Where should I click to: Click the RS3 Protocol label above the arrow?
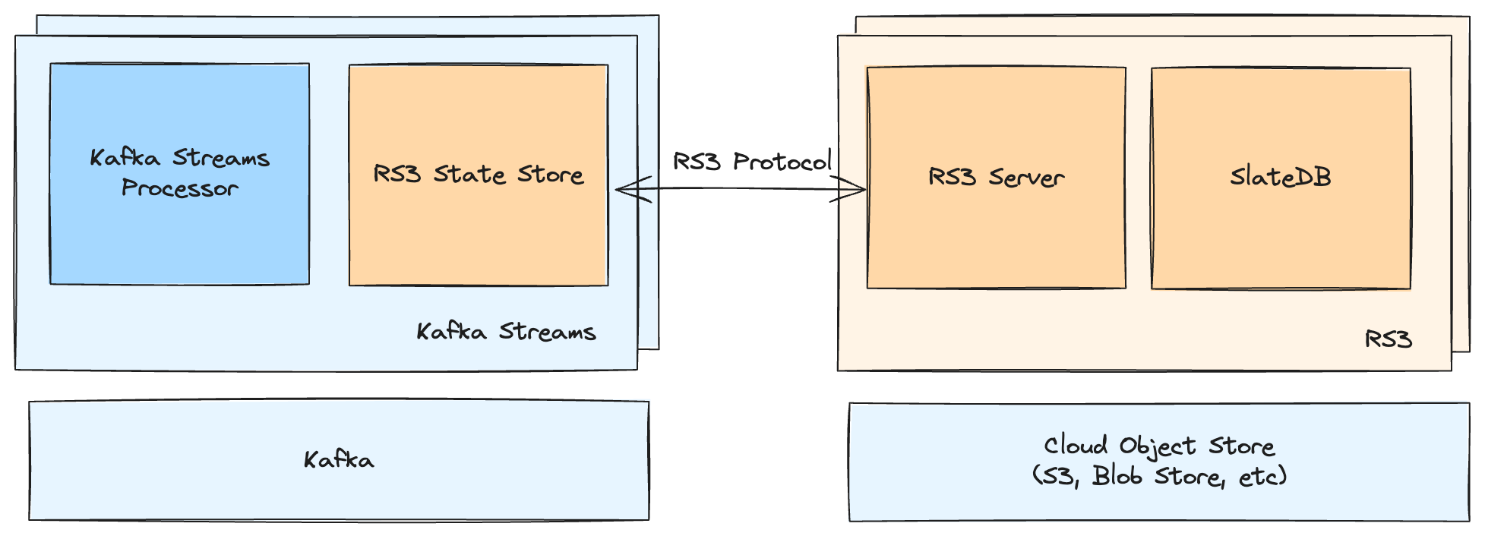point(752,161)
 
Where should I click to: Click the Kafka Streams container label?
point(506,332)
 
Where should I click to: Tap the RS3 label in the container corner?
point(1388,339)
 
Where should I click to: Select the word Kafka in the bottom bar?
point(339,460)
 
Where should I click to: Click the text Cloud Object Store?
point(1158,446)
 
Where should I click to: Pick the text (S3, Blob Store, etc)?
point(1158,477)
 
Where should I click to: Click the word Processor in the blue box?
point(180,188)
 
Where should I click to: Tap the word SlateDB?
point(1281,177)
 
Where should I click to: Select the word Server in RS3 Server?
point(1026,178)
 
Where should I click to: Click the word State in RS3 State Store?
point(469,175)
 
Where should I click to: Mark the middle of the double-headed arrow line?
point(741,189)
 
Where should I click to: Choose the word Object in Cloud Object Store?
point(1158,446)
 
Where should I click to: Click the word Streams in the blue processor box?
point(221,158)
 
